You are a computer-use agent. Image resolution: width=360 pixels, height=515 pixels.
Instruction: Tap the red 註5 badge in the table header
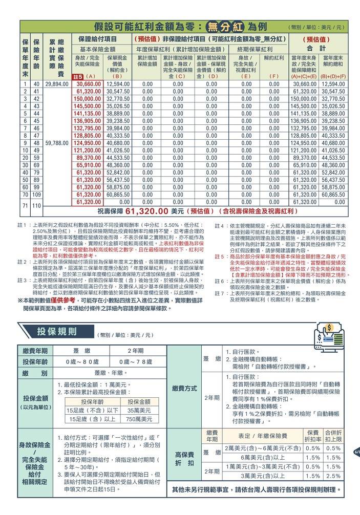(78, 77)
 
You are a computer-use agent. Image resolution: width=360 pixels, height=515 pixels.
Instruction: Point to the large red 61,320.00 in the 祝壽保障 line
(147, 210)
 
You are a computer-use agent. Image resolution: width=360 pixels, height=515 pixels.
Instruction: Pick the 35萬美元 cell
(139, 411)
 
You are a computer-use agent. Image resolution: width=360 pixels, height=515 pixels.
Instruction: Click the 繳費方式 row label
(184, 389)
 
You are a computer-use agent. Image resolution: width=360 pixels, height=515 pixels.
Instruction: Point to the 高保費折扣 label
(184, 458)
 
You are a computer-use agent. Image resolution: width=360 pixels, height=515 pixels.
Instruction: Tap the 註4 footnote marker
(219, 226)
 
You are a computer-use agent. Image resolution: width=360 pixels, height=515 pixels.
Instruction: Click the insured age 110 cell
(36, 205)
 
